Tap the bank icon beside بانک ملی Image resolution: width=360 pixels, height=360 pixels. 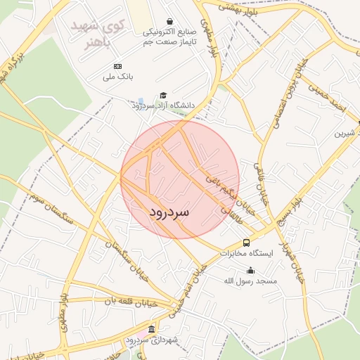(x=117, y=66)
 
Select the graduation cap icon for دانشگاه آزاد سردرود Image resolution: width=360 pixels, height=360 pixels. (x=163, y=95)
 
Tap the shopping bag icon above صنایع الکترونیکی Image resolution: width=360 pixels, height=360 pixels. (x=170, y=22)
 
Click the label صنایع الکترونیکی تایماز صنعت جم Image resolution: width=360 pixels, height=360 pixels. (x=169, y=37)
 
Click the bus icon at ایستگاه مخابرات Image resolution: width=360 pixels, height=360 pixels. (x=246, y=243)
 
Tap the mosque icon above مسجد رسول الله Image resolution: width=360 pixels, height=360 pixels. (x=250, y=271)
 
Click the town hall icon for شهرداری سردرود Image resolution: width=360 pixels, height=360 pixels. (x=152, y=330)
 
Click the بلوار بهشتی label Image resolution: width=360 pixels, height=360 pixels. (x=236, y=8)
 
